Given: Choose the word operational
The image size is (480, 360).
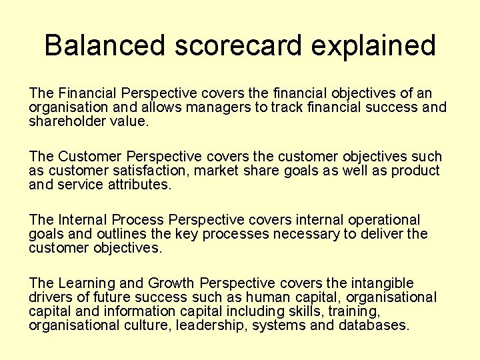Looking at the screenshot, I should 379,220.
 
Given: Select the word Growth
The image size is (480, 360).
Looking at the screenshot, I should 172,283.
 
